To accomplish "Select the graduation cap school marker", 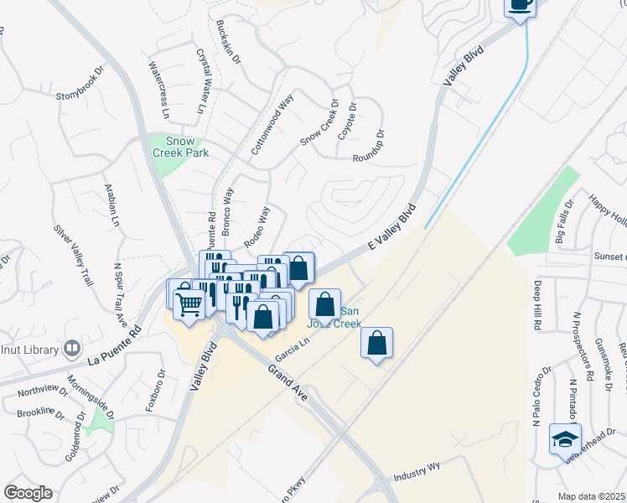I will pyautogui.click(x=565, y=438).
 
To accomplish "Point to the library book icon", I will pyautogui.click(x=73, y=348).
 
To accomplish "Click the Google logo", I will pyautogui.click(x=28, y=493).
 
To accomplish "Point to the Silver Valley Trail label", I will pyautogui.click(x=72, y=255).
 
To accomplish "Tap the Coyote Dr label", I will pyautogui.click(x=347, y=122).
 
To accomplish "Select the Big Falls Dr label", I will pyautogui.click(x=564, y=220).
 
